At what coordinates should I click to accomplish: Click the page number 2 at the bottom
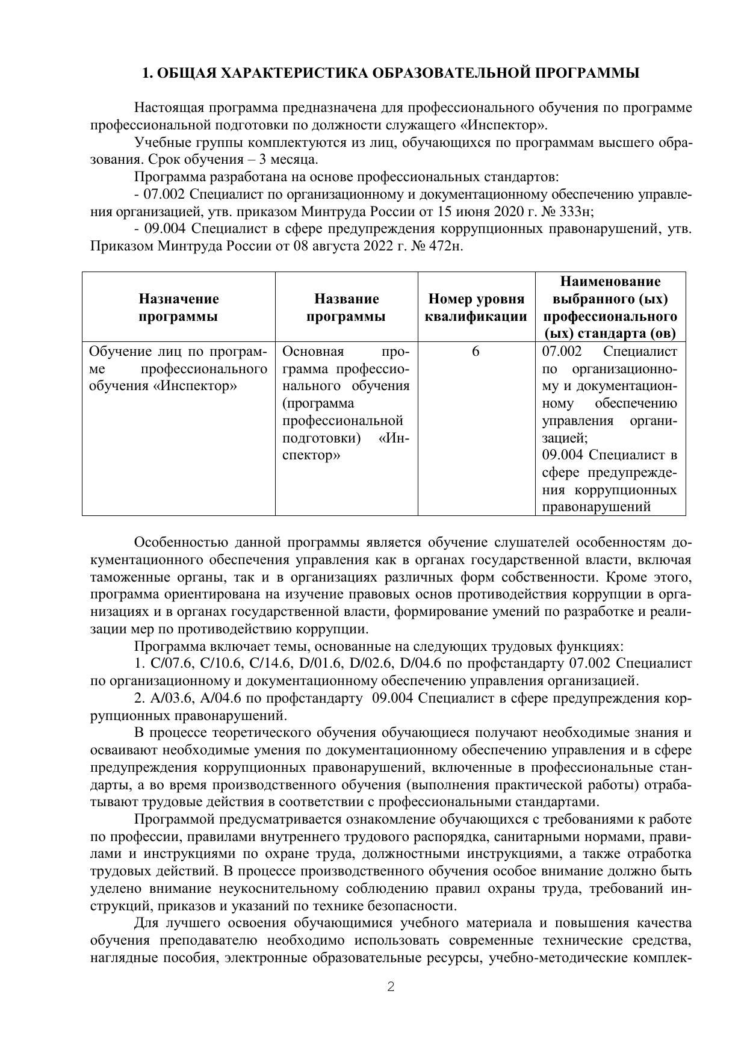click(391, 987)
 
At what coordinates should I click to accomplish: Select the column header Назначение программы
click(179, 308)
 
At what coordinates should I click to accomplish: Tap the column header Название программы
click(346, 308)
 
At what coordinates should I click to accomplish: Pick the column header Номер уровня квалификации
click(476, 308)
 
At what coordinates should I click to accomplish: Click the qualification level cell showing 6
click(476, 352)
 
